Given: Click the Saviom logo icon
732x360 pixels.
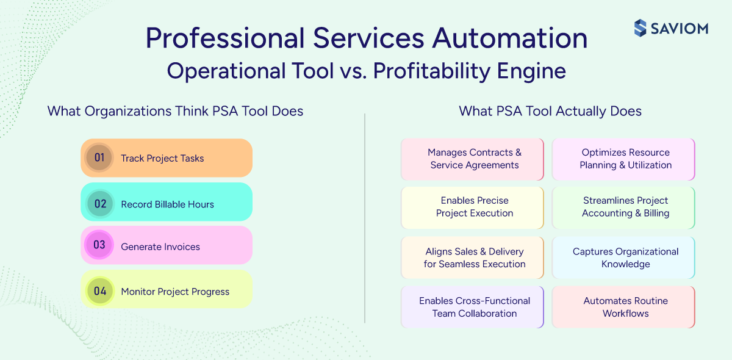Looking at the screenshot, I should (640, 28).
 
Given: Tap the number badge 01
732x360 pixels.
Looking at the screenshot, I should (99, 158).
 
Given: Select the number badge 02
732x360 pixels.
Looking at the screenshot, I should (100, 204).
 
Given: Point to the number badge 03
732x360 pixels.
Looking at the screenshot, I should (99, 245).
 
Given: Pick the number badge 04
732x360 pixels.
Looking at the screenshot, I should (100, 291).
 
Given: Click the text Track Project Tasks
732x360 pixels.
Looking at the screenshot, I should (162, 159).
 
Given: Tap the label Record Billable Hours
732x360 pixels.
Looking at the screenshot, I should (167, 204).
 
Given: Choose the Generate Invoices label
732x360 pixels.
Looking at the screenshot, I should (160, 247).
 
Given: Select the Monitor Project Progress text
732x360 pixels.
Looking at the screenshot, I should (175, 292).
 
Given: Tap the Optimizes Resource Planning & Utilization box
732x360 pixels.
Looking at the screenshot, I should (624, 159).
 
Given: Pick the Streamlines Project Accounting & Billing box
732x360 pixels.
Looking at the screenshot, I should (624, 207).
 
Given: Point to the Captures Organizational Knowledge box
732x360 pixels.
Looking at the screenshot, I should (624, 257).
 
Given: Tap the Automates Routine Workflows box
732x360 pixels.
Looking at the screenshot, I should (624, 307).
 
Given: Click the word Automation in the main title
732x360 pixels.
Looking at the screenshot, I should (510, 38).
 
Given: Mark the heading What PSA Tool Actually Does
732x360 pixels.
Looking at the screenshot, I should (550, 111).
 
